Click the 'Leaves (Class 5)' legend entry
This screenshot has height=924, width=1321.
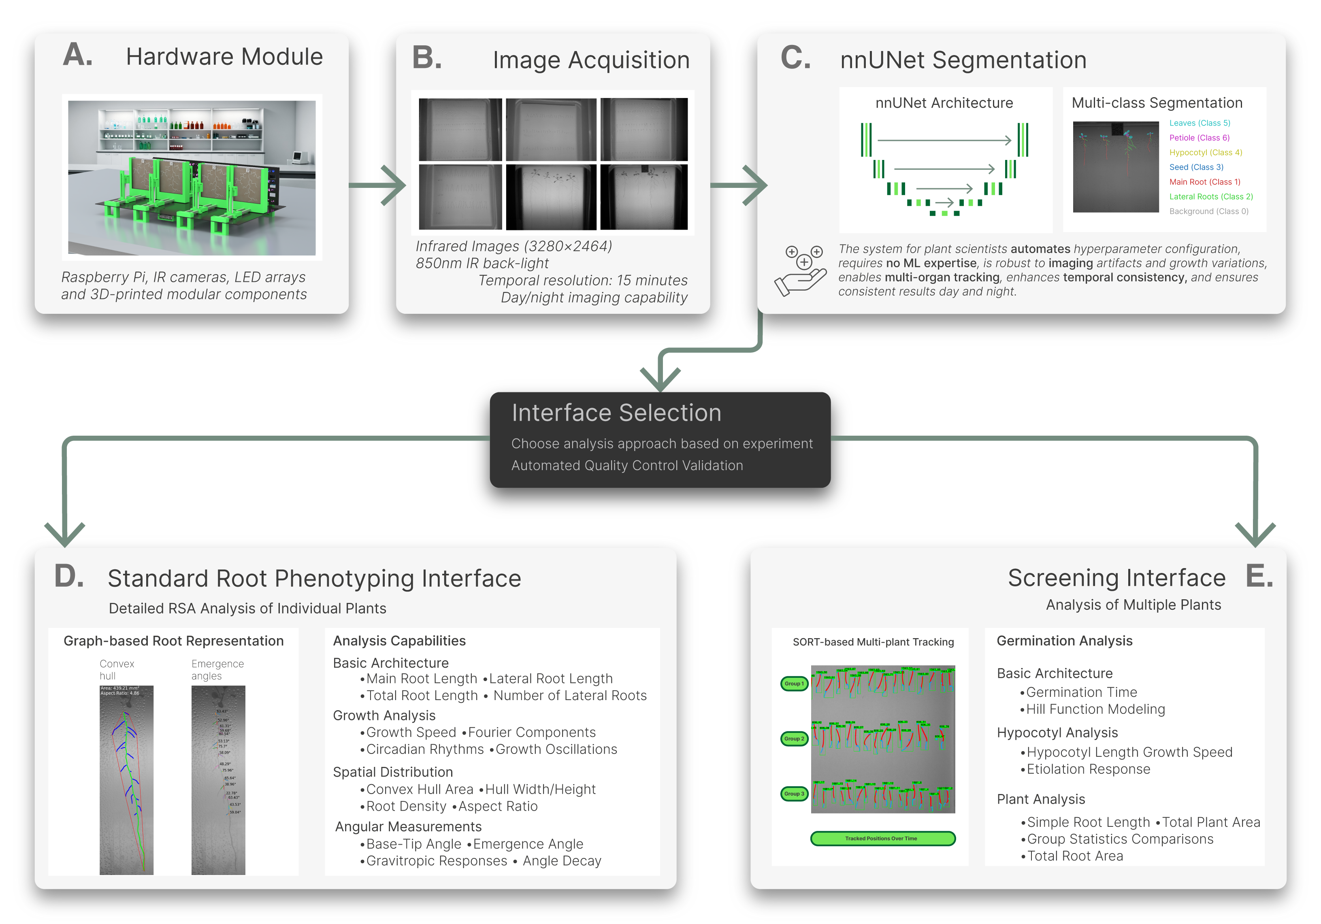click(x=1199, y=123)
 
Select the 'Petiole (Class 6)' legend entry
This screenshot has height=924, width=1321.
click(x=1199, y=138)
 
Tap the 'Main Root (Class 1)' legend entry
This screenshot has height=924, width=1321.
click(x=1204, y=182)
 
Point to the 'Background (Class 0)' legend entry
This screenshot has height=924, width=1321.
click(x=1208, y=211)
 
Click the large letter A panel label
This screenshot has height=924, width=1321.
click(x=78, y=56)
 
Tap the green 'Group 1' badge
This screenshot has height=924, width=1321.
click(x=794, y=683)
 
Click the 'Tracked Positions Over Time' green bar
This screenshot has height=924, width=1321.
click(x=882, y=838)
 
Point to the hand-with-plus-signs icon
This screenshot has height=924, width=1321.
click(x=801, y=270)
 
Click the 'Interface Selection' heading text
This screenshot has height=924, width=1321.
click(x=616, y=413)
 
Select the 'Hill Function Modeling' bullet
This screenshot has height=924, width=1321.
click(x=1095, y=709)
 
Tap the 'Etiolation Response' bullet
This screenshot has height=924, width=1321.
click(x=1088, y=769)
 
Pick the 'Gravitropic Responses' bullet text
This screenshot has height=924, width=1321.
click(x=436, y=861)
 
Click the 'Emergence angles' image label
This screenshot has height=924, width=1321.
click(x=217, y=670)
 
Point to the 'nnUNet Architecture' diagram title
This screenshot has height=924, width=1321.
click(x=944, y=103)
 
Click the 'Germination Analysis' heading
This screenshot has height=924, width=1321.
click(x=1064, y=641)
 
